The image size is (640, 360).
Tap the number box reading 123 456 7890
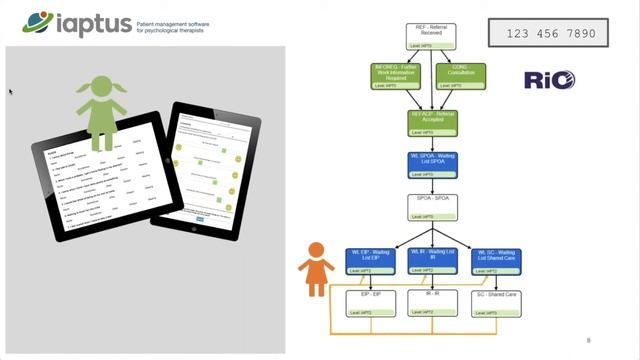[x=551, y=34]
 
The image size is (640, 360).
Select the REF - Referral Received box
[x=432, y=36]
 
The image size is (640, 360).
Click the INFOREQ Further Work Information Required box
[x=397, y=76]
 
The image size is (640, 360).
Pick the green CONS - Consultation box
[x=461, y=76]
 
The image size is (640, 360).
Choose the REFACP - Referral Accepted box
[x=432, y=122]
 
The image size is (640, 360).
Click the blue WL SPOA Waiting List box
[x=432, y=164]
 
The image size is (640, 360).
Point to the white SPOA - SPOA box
[x=432, y=206]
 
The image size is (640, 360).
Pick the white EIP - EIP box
[x=370, y=302]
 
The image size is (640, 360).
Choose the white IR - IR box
[x=432, y=302]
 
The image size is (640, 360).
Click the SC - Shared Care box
[x=496, y=302]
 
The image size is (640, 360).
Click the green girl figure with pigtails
[x=103, y=110]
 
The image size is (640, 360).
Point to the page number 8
[x=588, y=340]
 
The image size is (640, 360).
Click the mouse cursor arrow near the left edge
[x=11, y=91]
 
